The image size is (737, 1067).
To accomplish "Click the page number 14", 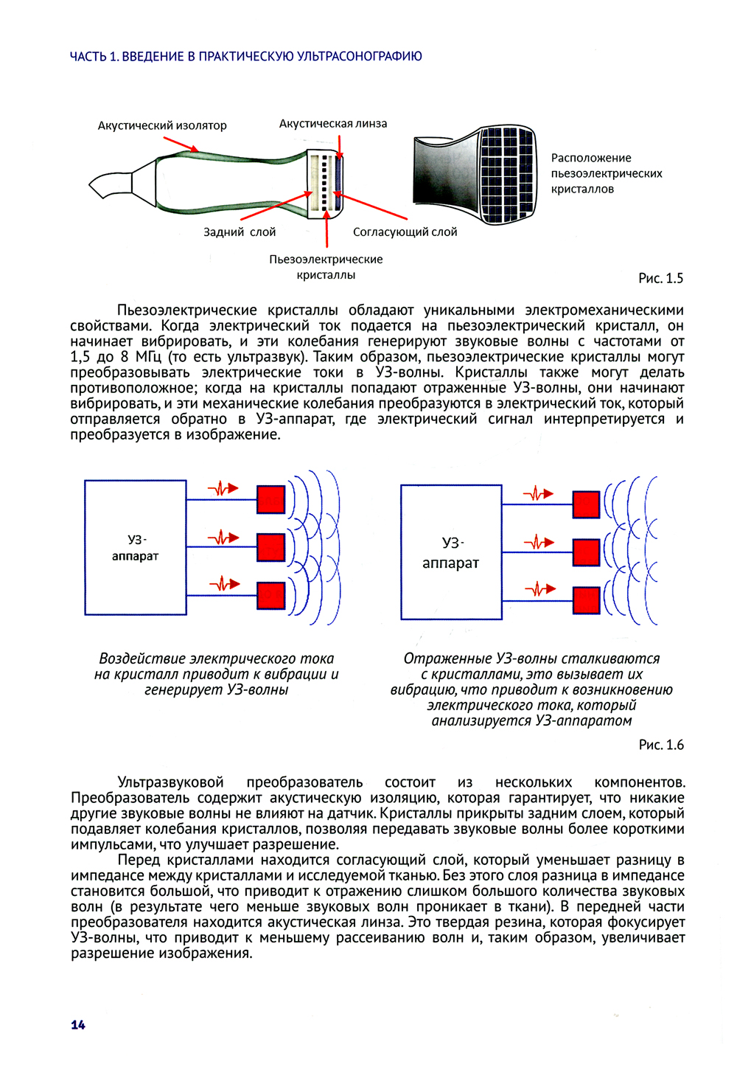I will point(78,1024).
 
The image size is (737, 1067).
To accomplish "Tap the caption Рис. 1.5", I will point(660,278).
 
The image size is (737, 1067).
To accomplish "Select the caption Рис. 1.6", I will point(661,745).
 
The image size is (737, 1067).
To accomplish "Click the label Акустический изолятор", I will point(162,125).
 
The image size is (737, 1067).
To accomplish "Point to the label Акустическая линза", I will point(332,123).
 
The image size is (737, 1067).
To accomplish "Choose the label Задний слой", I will point(240,232).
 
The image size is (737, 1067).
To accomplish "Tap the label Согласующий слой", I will point(405,232).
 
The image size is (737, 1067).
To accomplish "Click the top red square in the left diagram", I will point(270,499).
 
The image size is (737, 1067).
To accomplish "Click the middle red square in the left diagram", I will point(270,547).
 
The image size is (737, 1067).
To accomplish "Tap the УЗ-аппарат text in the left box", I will point(135,548).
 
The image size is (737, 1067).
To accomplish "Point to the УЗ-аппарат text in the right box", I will point(450,553).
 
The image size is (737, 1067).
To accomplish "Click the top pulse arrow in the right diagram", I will point(539,493).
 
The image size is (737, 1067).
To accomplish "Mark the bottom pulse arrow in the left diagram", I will point(224,584).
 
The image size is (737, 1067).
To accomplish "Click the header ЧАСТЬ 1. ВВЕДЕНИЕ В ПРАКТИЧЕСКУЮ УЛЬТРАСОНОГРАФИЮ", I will point(245,56).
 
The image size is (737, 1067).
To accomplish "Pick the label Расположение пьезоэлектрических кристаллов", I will point(606,173).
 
